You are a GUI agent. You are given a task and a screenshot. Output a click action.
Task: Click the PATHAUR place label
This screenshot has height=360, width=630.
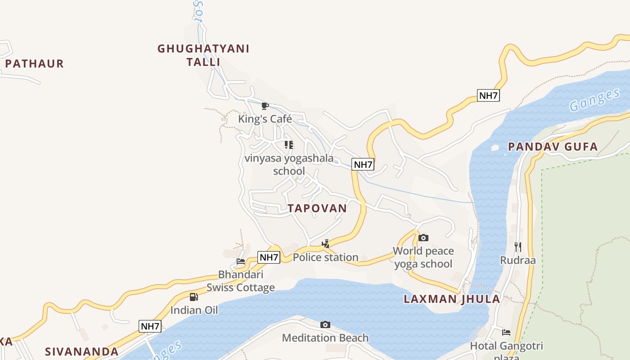tap(34, 63)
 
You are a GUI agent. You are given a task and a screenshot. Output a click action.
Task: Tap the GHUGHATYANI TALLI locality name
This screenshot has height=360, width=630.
tap(203, 55)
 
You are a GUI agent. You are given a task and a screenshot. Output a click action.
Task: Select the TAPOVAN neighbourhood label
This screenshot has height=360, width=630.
tap(317, 208)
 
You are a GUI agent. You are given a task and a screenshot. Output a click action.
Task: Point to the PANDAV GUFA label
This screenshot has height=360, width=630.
tap(553, 147)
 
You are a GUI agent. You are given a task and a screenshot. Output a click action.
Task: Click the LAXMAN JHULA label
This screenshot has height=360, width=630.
tap(452, 299)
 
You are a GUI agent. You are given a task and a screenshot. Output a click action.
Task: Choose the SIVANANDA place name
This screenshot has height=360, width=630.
tap(81, 351)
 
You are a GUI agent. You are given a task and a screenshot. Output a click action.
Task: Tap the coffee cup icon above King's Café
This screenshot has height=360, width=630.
tap(265, 106)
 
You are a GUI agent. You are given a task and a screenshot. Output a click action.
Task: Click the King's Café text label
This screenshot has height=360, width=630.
tap(265, 119)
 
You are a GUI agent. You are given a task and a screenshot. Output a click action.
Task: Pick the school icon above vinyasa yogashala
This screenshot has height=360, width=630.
tap(289, 145)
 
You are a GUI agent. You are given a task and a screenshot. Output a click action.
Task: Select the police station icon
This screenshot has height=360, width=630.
tap(325, 244)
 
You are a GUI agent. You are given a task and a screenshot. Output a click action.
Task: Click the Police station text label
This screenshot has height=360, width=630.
tap(326, 257)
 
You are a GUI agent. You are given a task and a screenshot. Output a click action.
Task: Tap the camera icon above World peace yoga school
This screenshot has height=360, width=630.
tap(423, 238)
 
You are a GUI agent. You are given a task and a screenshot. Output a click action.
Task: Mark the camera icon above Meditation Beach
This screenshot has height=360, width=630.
tap(325, 324)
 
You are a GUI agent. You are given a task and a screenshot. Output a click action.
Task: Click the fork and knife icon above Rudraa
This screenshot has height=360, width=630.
tap(518, 247)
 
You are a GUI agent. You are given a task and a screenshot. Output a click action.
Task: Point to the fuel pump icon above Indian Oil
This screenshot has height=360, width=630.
tap(193, 297)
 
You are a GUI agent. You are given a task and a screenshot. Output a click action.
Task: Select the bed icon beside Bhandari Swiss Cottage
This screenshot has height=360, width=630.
tap(241, 261)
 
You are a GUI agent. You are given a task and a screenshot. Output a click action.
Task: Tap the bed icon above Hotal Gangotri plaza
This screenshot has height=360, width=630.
tap(506, 333)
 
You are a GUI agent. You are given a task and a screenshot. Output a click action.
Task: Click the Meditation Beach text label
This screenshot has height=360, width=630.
tap(325, 338)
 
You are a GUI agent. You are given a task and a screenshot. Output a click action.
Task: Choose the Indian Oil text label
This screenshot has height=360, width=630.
tap(194, 310)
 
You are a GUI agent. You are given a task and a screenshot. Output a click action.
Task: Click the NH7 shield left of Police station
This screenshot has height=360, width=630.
tap(269, 257)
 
